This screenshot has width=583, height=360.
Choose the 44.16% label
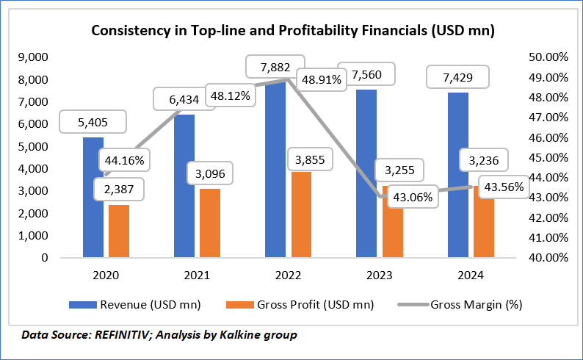point(123,159)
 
